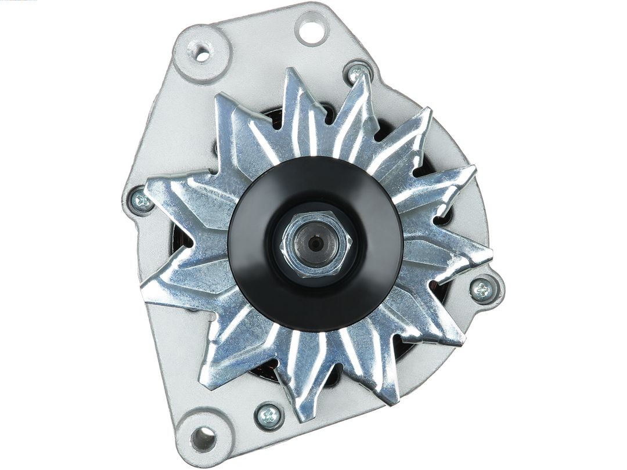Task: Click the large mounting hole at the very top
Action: [311, 28]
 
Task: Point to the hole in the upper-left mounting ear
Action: [202, 53]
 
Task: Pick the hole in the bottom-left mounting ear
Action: [203, 438]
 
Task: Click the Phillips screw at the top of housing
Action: [358, 73]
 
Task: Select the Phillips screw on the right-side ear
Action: [482, 290]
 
